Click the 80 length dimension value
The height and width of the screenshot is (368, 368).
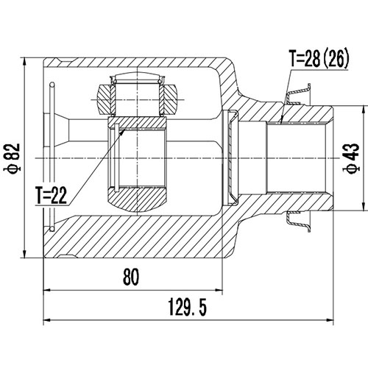[x=132, y=277]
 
